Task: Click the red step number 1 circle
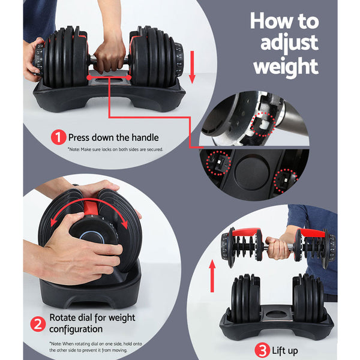[58, 137]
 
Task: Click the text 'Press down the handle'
[113, 137]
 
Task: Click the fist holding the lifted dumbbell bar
[277, 245]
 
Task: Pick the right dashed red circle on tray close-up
[287, 181]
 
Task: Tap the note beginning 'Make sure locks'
[115, 149]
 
